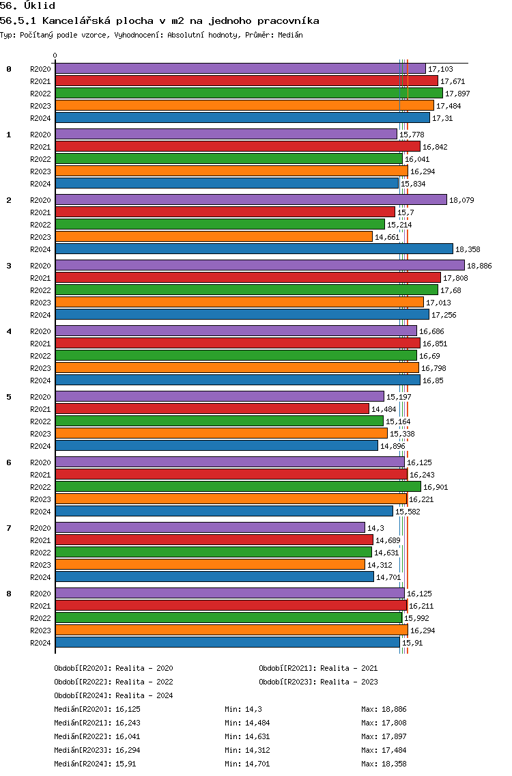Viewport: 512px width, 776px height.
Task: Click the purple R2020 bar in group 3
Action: (x=260, y=265)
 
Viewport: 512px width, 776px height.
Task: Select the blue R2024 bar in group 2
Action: (x=254, y=249)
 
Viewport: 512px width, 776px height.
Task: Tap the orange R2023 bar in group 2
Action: (x=214, y=236)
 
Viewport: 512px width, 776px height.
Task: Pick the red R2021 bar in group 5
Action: (x=212, y=408)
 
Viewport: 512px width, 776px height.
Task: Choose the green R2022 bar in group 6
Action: (x=238, y=486)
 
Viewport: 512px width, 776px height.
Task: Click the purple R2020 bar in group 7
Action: (x=210, y=527)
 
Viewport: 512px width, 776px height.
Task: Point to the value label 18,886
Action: (x=479, y=266)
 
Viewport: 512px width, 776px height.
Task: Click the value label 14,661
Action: (x=387, y=237)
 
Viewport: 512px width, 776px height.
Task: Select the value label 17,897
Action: (x=457, y=94)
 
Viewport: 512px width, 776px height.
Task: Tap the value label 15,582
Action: (x=408, y=512)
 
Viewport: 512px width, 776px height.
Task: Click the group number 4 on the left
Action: (x=9, y=331)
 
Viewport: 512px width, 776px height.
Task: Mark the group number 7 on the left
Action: (x=9, y=528)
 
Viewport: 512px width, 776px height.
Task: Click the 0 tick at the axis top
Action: (x=55, y=55)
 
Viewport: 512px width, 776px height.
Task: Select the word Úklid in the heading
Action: (x=40, y=6)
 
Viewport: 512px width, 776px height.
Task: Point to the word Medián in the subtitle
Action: (x=290, y=35)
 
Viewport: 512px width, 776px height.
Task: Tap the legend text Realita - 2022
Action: (x=144, y=682)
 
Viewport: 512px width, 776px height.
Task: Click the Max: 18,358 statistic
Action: (x=384, y=764)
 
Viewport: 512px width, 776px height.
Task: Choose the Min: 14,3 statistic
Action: (x=243, y=709)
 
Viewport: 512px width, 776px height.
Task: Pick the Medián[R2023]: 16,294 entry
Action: (x=97, y=750)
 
